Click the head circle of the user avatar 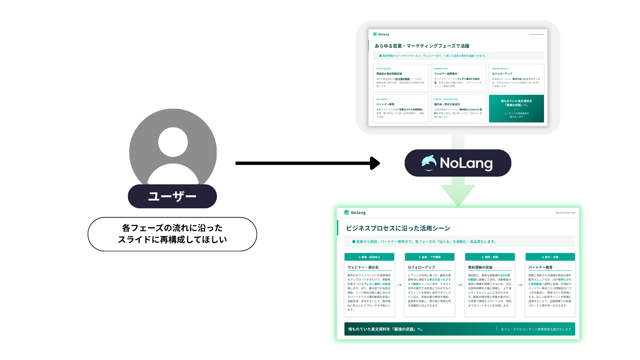pos(173,142)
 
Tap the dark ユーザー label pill pos(172,196)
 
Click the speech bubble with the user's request pos(172,234)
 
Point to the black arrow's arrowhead pos(375,163)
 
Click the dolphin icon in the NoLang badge pos(429,163)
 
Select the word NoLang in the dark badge pos(466,163)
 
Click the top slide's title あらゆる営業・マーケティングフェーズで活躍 pos(422,46)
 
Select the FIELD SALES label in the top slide pos(384,69)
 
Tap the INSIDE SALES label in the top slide pos(500,69)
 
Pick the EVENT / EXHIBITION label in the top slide pos(446,99)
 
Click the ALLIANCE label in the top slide pos(382,99)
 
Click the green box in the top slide pos(516,109)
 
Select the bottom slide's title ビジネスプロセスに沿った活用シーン pos(398,228)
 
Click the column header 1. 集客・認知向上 pos(369,257)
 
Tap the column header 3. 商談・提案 pos(490,257)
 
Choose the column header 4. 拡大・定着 pos(550,257)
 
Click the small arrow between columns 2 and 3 pos(460,285)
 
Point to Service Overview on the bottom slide pos(565,213)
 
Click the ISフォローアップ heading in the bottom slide pos(421,267)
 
